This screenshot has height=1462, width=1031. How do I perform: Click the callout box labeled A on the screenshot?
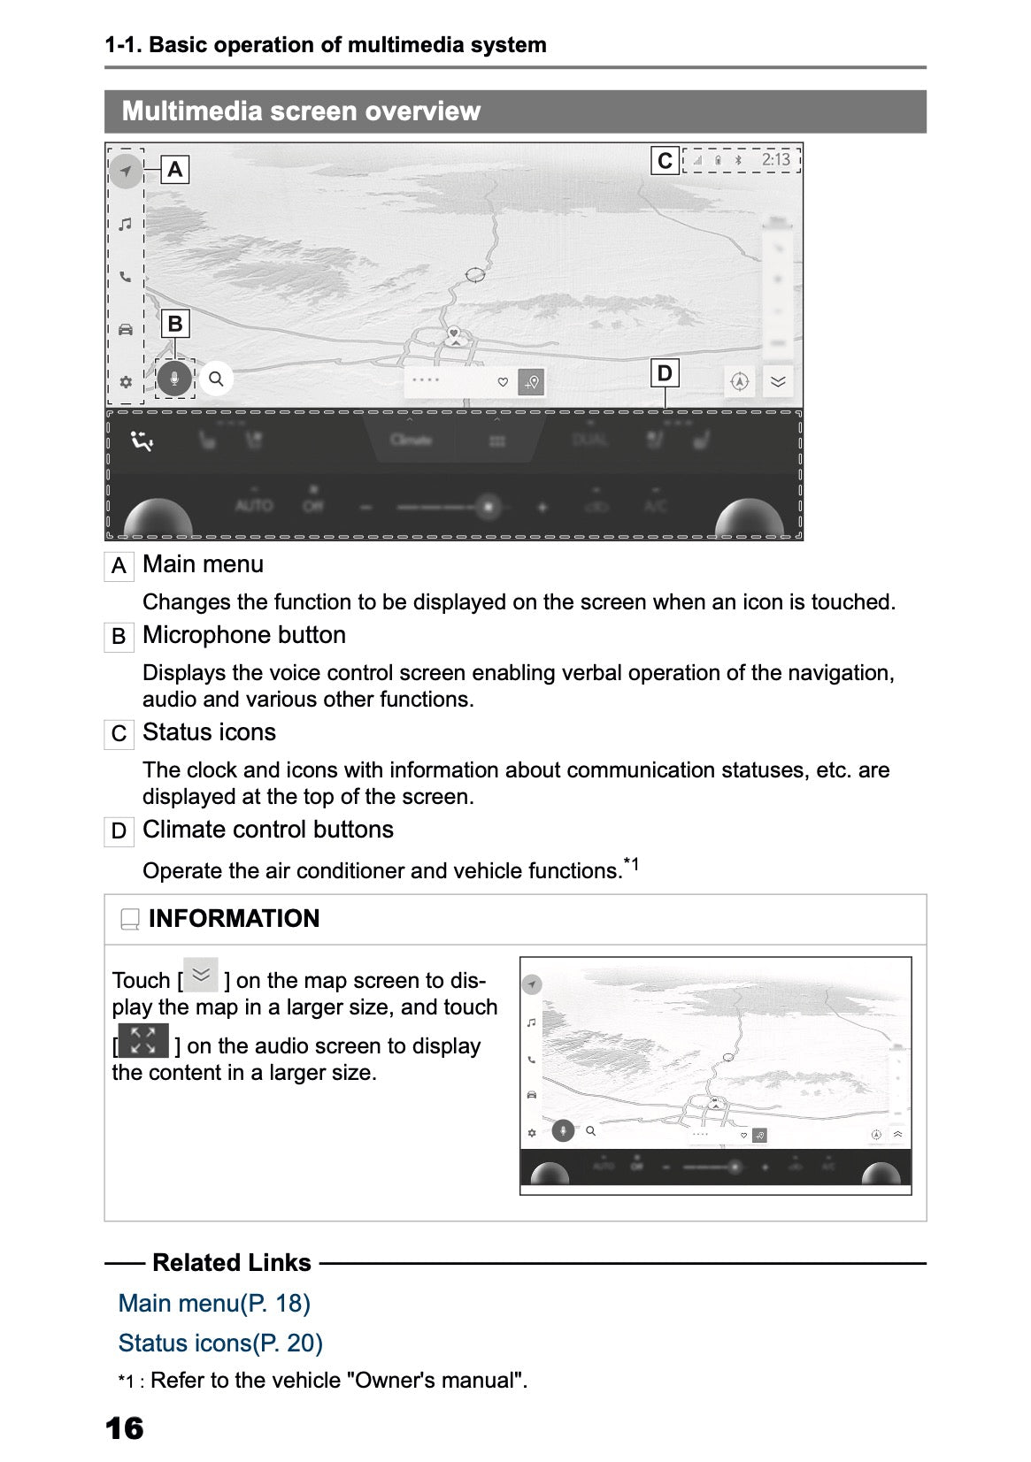pyautogui.click(x=175, y=169)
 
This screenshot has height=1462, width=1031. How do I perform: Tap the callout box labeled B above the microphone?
pyautogui.click(x=175, y=324)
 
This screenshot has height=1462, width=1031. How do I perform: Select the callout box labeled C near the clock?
pyautogui.click(x=665, y=161)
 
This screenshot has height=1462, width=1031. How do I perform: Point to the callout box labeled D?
pyautogui.click(x=665, y=373)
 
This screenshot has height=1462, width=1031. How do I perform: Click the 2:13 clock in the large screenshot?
pyautogui.click(x=775, y=160)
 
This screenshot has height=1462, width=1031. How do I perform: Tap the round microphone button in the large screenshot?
pyautogui.click(x=175, y=379)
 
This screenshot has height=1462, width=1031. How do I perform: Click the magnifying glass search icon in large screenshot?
pyautogui.click(x=216, y=379)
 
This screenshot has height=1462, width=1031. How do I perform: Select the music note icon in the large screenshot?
pyautogui.click(x=126, y=224)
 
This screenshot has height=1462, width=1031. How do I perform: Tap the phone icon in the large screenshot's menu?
pyautogui.click(x=126, y=277)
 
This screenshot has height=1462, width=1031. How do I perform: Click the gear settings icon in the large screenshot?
pyautogui.click(x=126, y=382)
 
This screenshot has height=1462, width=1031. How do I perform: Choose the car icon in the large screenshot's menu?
pyautogui.click(x=126, y=330)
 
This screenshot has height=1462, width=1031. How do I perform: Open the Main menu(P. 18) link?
pyautogui.click(x=214, y=1303)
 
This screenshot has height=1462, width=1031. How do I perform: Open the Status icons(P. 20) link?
pyautogui.click(x=220, y=1343)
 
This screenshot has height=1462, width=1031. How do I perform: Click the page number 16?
pyautogui.click(x=124, y=1428)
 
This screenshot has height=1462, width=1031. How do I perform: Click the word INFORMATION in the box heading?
pyautogui.click(x=234, y=918)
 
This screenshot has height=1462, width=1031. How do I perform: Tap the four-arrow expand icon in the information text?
pyautogui.click(x=143, y=1040)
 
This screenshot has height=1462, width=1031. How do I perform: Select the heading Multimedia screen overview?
pyautogui.click(x=301, y=111)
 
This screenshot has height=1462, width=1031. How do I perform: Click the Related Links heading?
pyautogui.click(x=232, y=1262)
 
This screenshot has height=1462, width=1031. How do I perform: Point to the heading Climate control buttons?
pyautogui.click(x=268, y=830)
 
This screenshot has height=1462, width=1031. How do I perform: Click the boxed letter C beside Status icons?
pyautogui.click(x=119, y=734)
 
